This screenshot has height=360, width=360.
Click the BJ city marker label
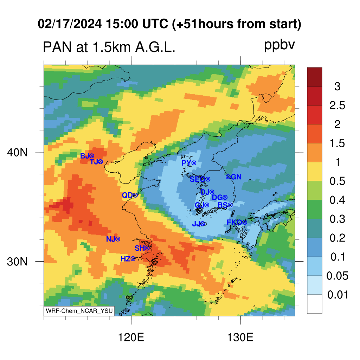[84, 156]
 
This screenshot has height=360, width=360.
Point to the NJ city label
[110, 239]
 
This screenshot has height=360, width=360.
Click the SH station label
[139, 248]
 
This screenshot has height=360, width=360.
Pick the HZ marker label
[126, 259]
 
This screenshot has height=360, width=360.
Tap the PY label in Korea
[186, 163]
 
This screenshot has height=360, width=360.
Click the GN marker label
[236, 177]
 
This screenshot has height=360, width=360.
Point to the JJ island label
[196, 224]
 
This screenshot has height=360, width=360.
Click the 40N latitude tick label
[17, 152]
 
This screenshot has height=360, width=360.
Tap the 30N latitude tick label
[17, 262]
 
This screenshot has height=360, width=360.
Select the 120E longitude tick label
[131, 337]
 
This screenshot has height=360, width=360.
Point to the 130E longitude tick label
[240, 337]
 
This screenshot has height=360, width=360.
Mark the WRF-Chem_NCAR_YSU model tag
[79, 311]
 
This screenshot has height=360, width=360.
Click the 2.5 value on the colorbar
[337, 105]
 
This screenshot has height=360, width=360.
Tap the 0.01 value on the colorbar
[338, 295]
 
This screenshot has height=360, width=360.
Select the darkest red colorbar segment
[315, 77]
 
